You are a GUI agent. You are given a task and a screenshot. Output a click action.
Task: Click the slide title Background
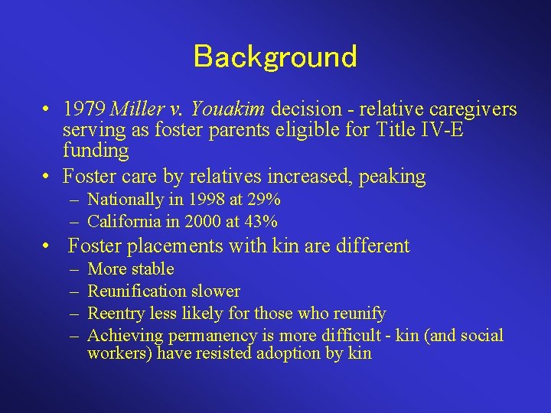click(x=275, y=56)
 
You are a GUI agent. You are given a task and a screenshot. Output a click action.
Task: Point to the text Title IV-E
click(x=421, y=129)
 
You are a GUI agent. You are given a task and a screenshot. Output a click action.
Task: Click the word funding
click(x=96, y=150)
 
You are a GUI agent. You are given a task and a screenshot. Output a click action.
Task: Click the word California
click(x=124, y=222)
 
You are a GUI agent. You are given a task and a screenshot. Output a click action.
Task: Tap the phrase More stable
click(x=131, y=269)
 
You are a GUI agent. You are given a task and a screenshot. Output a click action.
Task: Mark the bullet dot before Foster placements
click(x=48, y=246)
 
